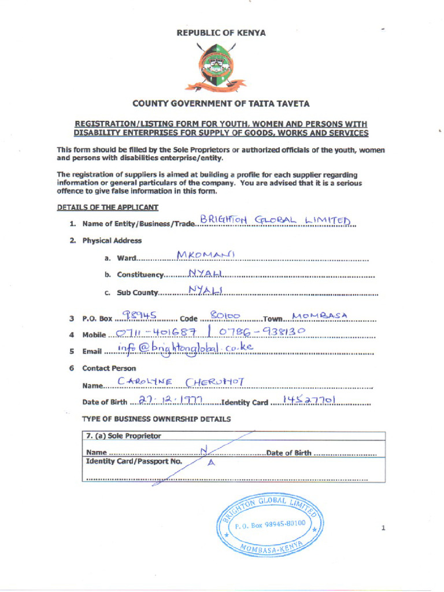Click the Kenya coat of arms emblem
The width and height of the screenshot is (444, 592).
point(215,68)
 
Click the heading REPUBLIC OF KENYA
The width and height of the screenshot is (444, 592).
point(221,33)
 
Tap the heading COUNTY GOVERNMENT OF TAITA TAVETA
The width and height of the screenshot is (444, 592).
point(221,104)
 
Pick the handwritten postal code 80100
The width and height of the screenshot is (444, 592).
point(225,316)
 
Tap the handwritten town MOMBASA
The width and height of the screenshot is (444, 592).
point(320,315)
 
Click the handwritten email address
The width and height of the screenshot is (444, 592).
point(185,348)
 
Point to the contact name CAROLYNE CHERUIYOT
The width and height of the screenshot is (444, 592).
point(181,382)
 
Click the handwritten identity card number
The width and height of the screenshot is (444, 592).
point(310,399)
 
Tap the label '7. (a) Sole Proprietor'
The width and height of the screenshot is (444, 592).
point(123,436)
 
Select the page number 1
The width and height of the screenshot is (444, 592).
point(383,527)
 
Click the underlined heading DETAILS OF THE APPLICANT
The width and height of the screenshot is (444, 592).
point(108,207)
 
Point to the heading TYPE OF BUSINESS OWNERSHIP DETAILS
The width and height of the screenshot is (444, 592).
point(157,419)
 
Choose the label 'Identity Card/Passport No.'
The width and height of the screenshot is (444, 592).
point(134,461)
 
